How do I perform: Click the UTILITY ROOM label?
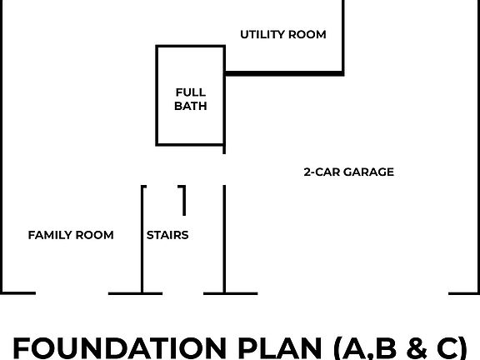coord(283,34)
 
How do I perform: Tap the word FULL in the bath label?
coord(191,92)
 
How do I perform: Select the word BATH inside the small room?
coord(191,106)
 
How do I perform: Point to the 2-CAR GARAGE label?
coord(348,172)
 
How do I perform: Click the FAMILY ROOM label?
coord(71,235)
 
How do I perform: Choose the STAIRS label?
coord(167,235)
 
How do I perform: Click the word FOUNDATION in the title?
coord(120,348)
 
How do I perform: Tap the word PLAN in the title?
coord(280,348)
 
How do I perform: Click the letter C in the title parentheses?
coord(448,348)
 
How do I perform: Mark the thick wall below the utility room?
coord(284,73)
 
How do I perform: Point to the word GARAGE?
coord(368,172)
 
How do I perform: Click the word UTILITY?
coord(262,34)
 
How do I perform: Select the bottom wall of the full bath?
coord(190,144)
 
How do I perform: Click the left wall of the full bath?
coord(157,96)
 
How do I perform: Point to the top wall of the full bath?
coord(190,47)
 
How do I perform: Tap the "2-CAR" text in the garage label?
coord(322,172)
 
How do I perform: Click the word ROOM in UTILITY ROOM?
coord(307,34)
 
